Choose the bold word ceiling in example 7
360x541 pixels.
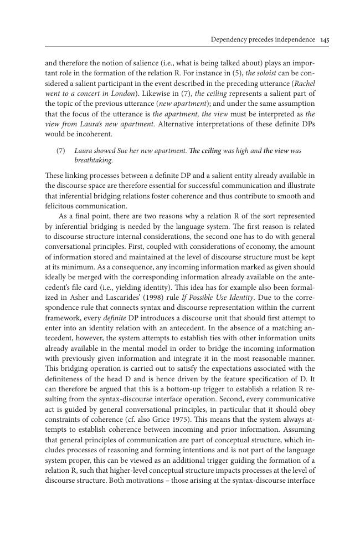pos(209,151)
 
